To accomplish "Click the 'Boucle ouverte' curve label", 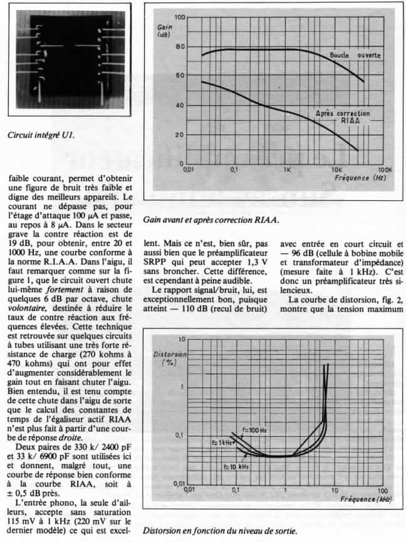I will tap(355, 56).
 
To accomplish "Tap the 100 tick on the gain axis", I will tap(180, 17).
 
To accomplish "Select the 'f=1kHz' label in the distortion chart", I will tap(219, 442).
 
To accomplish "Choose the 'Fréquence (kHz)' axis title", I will tap(366, 499).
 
